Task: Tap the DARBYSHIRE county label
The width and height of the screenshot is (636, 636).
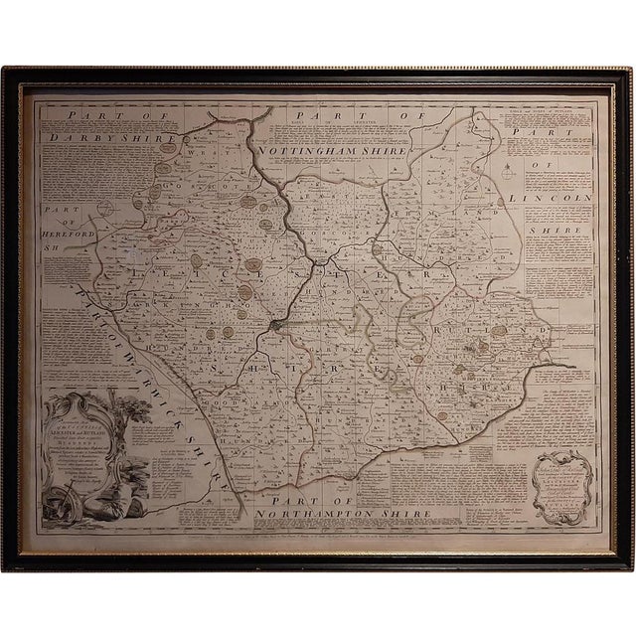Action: [x=109, y=140]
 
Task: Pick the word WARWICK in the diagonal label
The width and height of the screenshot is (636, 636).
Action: [x=149, y=329]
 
